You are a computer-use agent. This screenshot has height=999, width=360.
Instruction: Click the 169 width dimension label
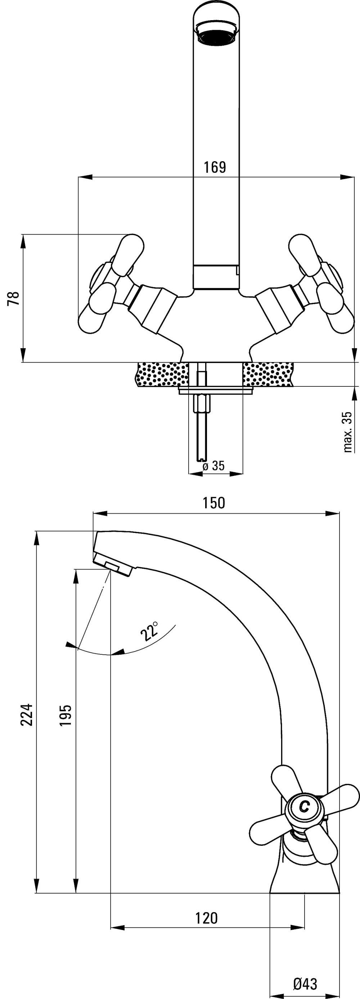coord(215,167)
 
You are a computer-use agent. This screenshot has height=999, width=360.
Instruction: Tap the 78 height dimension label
coord(14,298)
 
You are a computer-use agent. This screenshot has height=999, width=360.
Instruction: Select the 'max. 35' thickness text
coord(348,432)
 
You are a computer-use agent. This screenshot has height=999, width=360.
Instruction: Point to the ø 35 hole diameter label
coord(213,466)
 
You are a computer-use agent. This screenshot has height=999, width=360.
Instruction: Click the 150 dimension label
coord(214,503)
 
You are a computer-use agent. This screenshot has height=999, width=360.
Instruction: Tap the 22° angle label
coord(149,631)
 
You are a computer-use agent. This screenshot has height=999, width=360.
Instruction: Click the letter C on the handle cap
coord(305,807)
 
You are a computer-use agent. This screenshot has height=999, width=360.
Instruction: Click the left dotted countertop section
coord(162,374)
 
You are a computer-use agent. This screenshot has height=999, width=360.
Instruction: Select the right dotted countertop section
coord(268,374)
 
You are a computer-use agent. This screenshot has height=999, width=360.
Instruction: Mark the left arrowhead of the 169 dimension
coord(85,177)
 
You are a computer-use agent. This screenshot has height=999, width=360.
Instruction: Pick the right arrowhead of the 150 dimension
coord(332,513)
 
